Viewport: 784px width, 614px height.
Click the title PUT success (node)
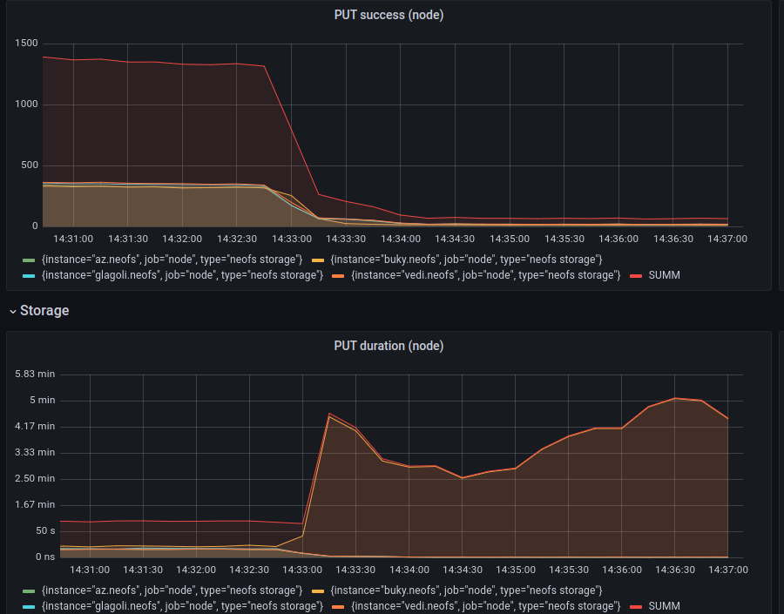389,15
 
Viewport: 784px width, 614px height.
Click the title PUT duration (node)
389,346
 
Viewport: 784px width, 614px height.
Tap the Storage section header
44,310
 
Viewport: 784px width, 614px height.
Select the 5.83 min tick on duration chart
35,374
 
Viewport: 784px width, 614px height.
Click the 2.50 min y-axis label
35,478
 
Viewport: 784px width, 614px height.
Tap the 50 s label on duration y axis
45,530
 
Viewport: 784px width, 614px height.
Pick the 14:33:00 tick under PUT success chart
292,239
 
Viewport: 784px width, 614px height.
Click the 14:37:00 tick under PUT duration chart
728,570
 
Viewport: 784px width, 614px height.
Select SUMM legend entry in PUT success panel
664,274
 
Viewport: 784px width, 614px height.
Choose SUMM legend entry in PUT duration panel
664,605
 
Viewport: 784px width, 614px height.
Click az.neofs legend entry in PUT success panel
172,260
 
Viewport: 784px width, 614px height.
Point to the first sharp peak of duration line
329,414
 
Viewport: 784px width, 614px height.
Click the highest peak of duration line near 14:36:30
675,398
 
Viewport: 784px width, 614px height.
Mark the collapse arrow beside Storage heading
12,311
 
